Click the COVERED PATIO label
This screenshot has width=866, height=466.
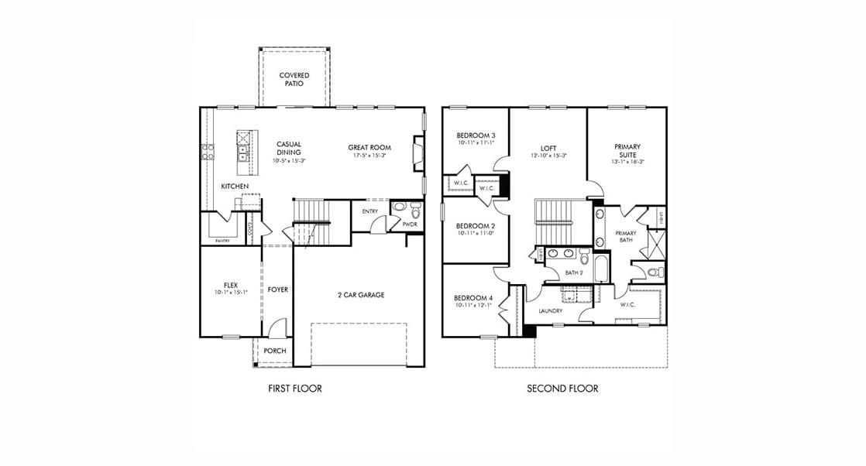pos(294,79)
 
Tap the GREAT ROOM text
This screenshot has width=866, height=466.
pos(369,147)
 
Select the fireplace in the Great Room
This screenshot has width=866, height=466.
pos(418,152)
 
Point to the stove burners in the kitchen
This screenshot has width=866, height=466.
pos(208,152)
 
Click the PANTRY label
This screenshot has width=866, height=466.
pos(222,241)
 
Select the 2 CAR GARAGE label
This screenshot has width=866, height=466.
pos(360,295)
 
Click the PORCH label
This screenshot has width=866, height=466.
pos(275,351)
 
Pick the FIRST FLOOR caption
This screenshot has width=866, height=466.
pos(294,389)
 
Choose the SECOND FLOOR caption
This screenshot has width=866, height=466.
pos(562,389)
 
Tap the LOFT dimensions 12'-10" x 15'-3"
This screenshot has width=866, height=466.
pos(548,156)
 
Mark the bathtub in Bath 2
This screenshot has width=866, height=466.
pos(601,269)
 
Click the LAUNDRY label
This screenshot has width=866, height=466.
pos(550,311)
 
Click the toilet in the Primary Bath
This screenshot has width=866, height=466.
pos(653,272)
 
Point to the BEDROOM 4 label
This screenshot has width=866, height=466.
pos(473,298)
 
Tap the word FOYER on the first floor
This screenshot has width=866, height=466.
pos(278,290)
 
